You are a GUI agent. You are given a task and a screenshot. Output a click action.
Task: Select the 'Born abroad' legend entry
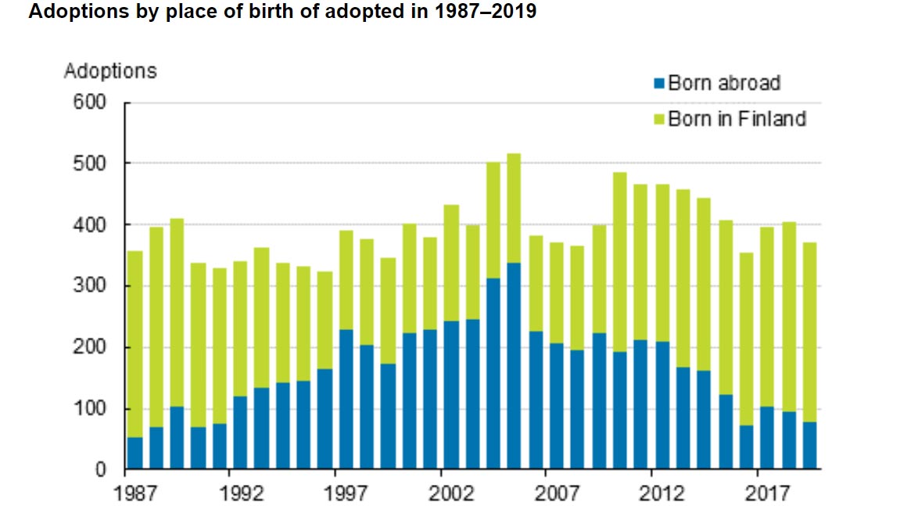coord(723,83)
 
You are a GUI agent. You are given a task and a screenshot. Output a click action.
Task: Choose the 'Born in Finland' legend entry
coord(736,119)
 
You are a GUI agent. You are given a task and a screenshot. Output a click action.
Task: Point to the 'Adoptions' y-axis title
coord(110,71)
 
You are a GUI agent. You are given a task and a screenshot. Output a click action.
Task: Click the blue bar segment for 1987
coord(135,454)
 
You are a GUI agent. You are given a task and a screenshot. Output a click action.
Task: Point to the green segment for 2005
coord(515,208)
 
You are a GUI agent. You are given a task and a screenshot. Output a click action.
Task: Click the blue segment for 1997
coord(346,399)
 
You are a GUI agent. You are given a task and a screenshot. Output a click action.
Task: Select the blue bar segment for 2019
coord(810,446)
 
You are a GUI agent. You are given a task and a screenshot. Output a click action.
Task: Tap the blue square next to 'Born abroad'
coord(659,83)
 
